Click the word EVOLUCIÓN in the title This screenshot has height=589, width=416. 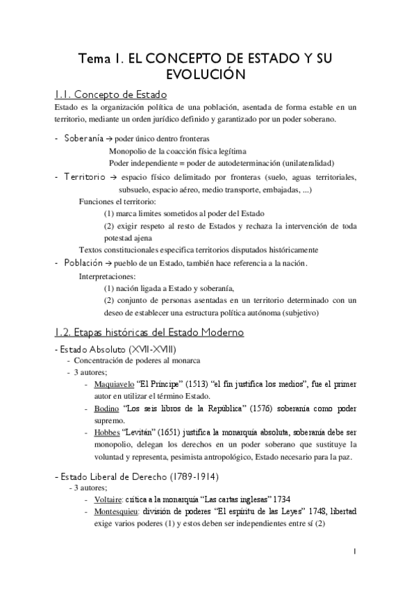click(208, 73)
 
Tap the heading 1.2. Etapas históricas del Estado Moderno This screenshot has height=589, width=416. click(149, 332)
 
